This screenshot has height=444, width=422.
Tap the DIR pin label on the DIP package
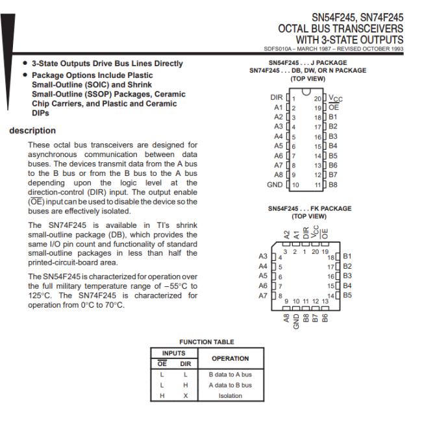click(277, 97)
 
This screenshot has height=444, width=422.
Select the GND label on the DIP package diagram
click(275, 185)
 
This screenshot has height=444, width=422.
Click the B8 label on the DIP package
click(332, 185)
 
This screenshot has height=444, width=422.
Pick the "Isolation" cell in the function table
click(230, 395)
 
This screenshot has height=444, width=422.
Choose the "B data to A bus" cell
click(230, 375)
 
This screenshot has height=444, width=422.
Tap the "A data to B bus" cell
click(230, 385)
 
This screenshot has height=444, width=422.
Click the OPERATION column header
click(230, 358)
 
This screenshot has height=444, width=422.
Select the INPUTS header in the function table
click(175, 354)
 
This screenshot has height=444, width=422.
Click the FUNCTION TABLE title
click(206, 342)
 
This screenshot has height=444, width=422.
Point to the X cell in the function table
click(185, 395)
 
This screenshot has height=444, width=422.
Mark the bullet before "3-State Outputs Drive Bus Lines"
click(25, 64)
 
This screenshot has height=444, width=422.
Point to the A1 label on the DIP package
click(279, 107)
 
